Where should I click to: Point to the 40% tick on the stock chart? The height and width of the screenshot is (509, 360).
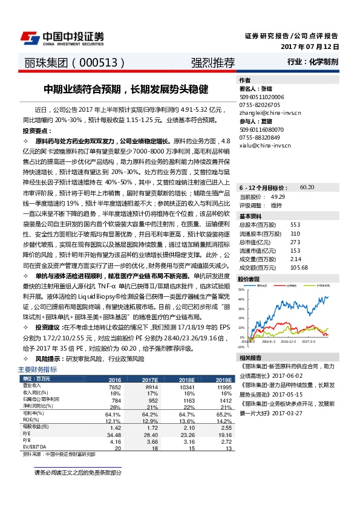pos(241,299)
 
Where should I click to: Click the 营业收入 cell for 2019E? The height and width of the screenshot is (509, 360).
pos(224,386)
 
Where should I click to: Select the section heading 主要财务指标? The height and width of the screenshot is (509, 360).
pos(38,369)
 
